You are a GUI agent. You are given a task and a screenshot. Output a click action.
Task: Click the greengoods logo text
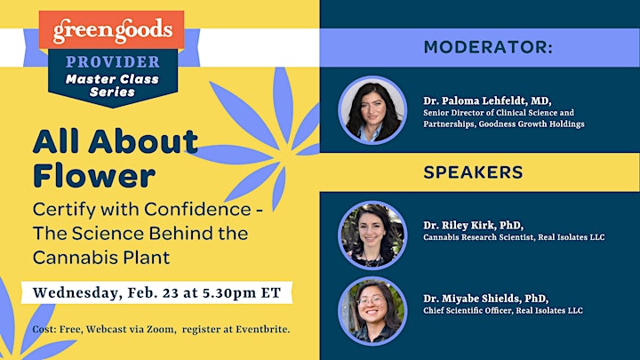(x=113, y=30)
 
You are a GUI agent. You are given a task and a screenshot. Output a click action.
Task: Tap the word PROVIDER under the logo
(x=113, y=62)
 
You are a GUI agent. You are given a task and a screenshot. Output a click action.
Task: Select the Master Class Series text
(x=112, y=85)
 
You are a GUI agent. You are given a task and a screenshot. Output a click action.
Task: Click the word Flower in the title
(x=94, y=175)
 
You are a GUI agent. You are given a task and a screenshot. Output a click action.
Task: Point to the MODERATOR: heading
(x=488, y=47)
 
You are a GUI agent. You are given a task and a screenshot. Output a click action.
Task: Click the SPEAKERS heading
(x=473, y=172)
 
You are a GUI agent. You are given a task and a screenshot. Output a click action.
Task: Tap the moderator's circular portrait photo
(x=372, y=110)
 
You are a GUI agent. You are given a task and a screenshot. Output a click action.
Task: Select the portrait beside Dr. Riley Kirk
(x=372, y=235)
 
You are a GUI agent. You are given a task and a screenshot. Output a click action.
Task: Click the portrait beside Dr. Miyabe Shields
(x=372, y=311)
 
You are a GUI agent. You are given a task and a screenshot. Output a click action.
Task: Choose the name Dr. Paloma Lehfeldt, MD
(x=487, y=100)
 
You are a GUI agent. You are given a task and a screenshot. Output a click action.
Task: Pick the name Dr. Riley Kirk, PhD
(x=473, y=225)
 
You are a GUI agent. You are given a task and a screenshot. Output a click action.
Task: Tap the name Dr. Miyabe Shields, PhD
(x=485, y=299)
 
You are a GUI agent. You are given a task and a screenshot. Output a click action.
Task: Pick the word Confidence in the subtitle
(x=197, y=209)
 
